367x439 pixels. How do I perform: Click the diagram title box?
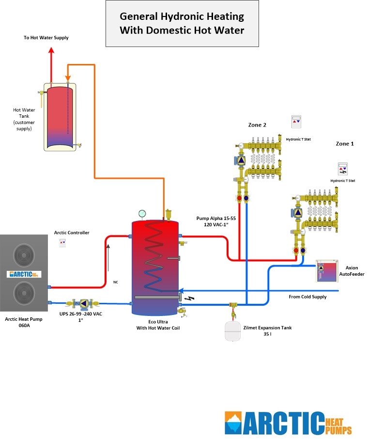tap(182, 23)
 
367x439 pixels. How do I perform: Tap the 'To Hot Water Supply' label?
tap(46, 38)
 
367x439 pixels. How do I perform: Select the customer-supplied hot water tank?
tap(60, 116)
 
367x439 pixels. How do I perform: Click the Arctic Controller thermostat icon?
tap(62, 242)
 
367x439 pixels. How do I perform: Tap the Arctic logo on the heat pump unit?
tap(24, 274)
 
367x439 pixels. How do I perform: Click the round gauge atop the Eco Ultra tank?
tap(142, 213)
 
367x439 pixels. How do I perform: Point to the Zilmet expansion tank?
tap(233, 330)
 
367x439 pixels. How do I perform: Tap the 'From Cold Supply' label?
tap(307, 297)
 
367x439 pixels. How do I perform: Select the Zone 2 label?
tap(257, 125)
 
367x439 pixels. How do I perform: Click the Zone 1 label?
tap(345, 144)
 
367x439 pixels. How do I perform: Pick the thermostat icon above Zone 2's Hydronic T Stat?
tap(296, 121)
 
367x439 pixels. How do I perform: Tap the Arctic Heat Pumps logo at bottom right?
tap(288, 423)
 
